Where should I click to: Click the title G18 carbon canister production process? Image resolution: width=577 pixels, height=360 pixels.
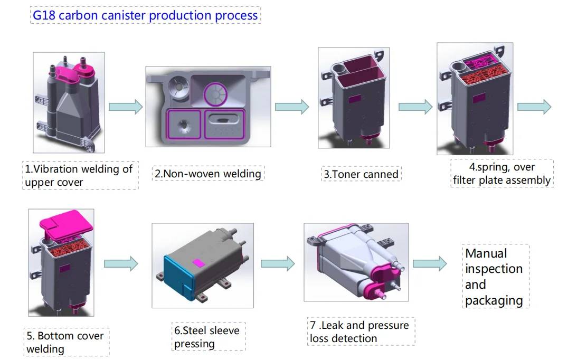click(145, 15)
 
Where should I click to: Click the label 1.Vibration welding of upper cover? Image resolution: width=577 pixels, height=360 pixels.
click(79, 176)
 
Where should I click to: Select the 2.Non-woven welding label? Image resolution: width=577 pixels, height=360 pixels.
click(207, 173)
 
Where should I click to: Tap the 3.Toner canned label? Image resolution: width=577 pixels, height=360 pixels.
click(361, 174)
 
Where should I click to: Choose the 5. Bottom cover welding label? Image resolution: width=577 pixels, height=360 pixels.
click(66, 342)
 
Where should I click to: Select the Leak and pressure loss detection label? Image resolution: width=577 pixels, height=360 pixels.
click(361, 331)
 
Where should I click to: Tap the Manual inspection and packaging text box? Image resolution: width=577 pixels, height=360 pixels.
click(495, 277)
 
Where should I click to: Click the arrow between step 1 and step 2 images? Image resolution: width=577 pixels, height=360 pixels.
click(126, 107)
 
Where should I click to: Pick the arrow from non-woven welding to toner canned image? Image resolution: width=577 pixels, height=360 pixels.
click(292, 107)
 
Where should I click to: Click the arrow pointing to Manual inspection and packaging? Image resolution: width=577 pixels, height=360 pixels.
click(429, 264)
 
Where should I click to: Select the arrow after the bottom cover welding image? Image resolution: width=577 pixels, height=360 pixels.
click(121, 263)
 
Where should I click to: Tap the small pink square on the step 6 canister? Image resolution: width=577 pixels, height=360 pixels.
click(198, 262)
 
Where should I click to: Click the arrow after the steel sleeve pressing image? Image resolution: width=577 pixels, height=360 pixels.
click(278, 263)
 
